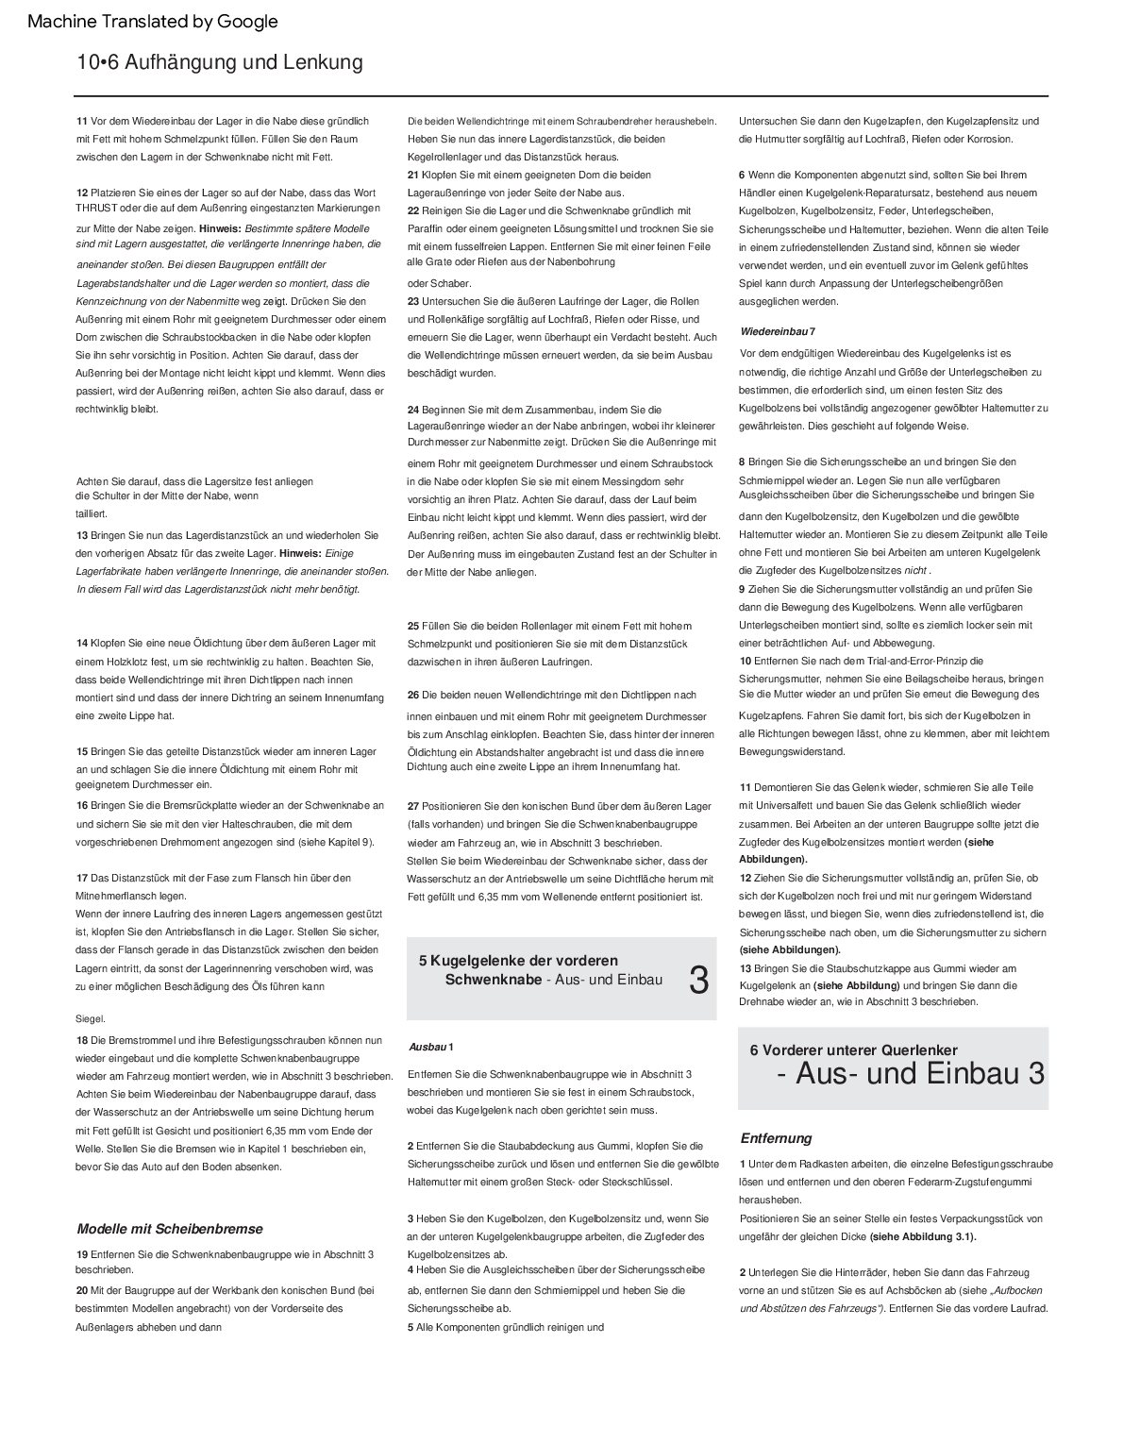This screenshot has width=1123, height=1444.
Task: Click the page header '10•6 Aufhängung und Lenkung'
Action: coord(220,62)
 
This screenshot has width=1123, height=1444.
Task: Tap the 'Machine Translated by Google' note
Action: coord(153,21)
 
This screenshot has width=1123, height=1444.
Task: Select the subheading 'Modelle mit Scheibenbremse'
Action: coord(170,1229)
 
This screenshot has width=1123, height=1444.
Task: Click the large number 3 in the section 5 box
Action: coord(698,981)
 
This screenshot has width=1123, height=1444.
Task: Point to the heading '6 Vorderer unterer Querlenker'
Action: coord(853,1049)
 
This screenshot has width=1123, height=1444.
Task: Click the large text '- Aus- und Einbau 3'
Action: coord(911,1074)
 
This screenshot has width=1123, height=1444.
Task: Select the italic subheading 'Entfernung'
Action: coord(776,1138)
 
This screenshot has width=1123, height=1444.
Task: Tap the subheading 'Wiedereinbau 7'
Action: coord(778,332)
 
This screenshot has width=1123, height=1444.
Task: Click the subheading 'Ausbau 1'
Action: coord(431,1048)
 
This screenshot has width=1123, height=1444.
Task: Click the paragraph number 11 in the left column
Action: coord(81,121)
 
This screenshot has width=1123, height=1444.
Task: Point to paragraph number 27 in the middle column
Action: coord(413,806)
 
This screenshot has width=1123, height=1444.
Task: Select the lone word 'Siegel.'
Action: coord(91,1019)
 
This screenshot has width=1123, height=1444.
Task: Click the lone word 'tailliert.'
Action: coord(92,513)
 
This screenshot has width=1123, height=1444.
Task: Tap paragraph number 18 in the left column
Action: coord(82,1040)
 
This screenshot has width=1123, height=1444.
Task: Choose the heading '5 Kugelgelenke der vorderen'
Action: coord(518,961)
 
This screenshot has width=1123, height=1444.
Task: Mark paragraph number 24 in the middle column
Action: coord(413,410)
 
